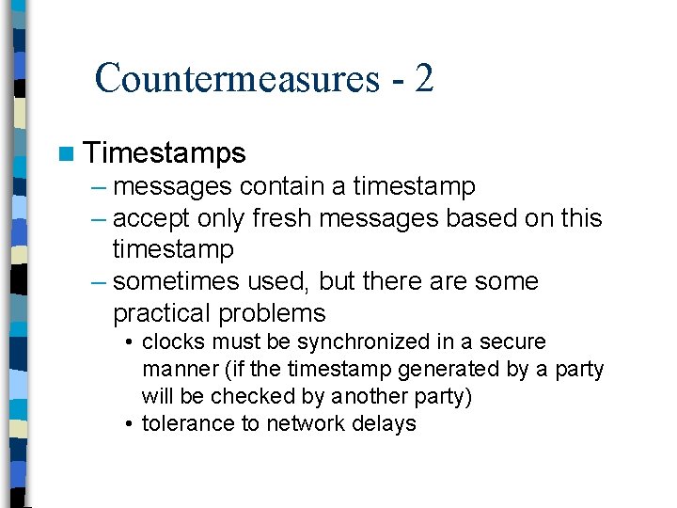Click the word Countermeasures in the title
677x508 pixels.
coord(235,78)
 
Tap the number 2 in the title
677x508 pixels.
coord(423,77)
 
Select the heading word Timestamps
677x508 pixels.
coord(165,153)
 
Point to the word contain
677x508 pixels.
coord(285,186)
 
